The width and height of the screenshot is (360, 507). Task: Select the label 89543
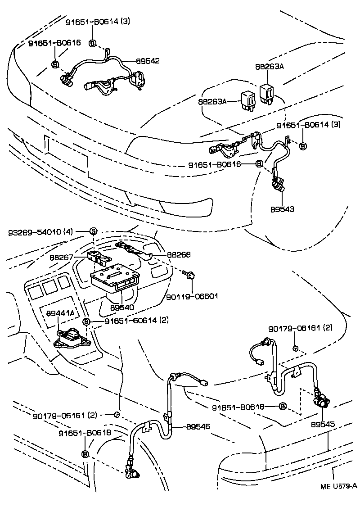[282, 209]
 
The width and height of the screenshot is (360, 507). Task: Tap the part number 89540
[122, 307]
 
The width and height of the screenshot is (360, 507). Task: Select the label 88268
[179, 255]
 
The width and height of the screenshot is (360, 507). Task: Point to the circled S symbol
[93, 231]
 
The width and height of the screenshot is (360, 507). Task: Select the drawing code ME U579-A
[339, 486]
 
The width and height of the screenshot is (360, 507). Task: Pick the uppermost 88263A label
[270, 67]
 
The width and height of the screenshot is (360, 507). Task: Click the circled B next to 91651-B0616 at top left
[55, 64]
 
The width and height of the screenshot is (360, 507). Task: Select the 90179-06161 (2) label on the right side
[300, 328]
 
